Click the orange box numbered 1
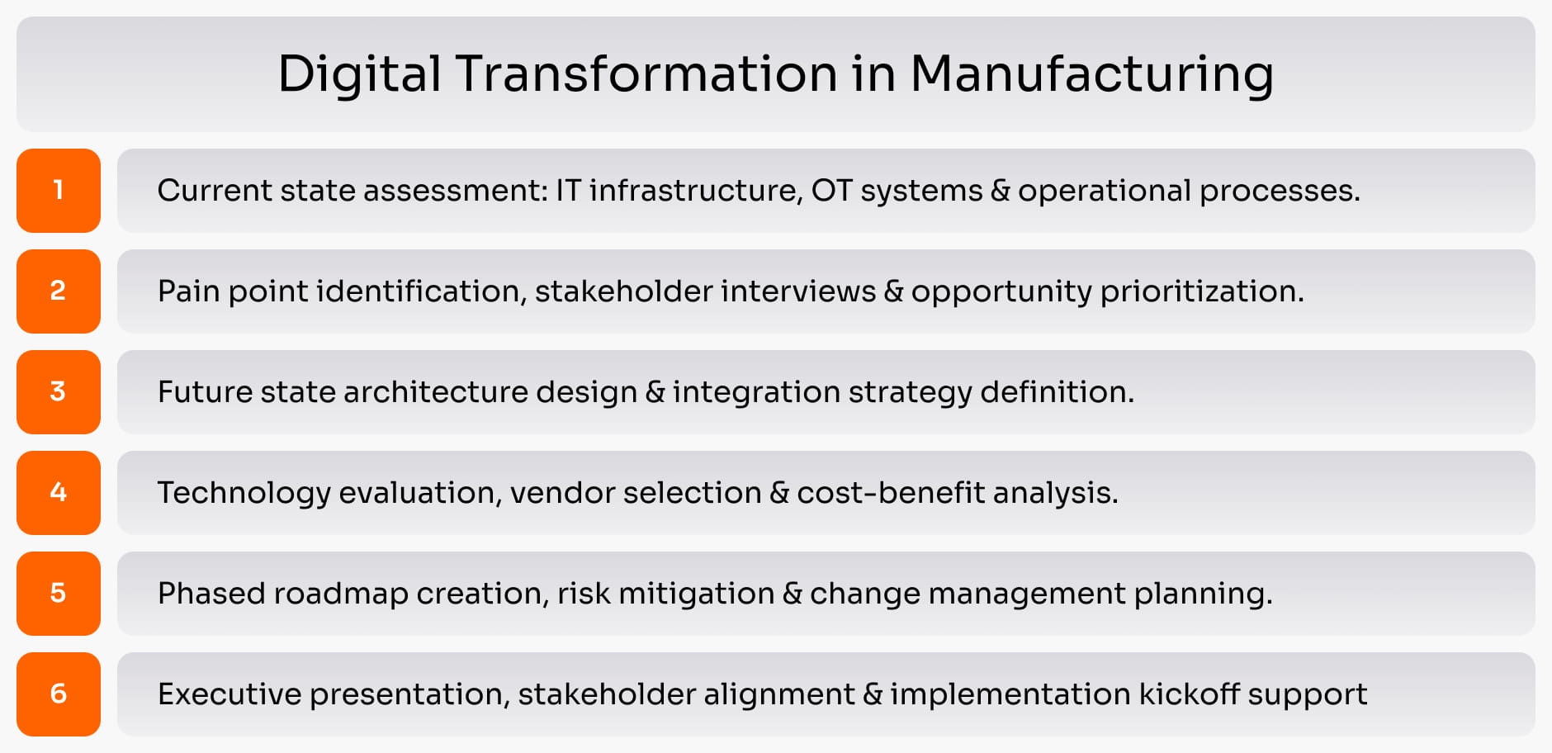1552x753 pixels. tap(59, 191)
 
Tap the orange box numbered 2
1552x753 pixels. tap(59, 291)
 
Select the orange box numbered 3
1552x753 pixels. tap(59, 392)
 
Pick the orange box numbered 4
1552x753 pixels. tap(59, 493)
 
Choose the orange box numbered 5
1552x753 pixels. tap(59, 594)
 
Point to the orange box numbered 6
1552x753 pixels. tap(59, 694)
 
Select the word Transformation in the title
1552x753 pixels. tap(646, 73)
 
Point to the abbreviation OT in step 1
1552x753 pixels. tap(831, 191)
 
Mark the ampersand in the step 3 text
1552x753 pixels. tap(655, 392)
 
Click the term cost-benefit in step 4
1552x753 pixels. tap(891, 493)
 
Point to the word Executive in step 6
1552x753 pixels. tap(229, 694)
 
